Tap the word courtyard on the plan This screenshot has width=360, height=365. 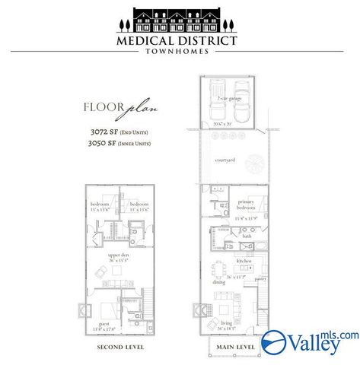coord(223,160)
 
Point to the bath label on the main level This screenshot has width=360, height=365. coord(247,236)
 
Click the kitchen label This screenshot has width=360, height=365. coord(244,261)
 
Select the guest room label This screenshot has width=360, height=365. coord(102,322)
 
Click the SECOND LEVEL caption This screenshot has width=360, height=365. coord(120,348)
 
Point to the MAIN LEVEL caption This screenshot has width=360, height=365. coord(235,348)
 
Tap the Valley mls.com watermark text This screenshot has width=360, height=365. coord(312,341)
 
